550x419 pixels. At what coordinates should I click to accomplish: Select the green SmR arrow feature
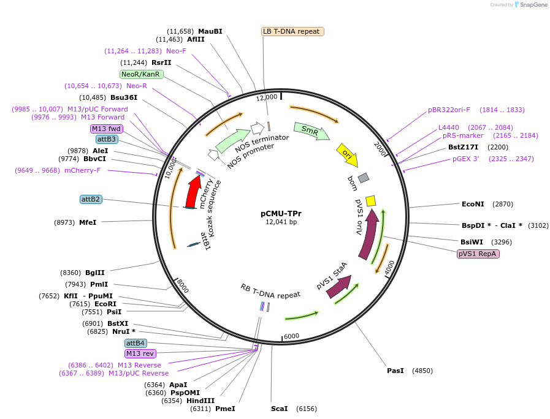click(311, 130)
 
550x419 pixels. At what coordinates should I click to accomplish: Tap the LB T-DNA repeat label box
click(292, 31)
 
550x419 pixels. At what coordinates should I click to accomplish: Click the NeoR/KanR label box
click(141, 74)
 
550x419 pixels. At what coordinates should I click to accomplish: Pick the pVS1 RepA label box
click(478, 254)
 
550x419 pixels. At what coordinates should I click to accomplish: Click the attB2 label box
click(91, 199)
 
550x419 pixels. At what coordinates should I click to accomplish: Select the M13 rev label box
click(140, 353)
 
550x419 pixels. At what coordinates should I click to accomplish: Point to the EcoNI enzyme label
click(473, 204)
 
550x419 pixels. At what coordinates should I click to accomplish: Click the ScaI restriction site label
click(279, 409)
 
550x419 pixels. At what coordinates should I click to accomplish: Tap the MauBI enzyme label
click(210, 31)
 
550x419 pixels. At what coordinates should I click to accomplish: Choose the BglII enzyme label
click(95, 273)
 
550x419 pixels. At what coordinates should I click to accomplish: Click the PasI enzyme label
click(395, 371)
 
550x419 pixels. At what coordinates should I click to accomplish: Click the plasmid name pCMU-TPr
click(281, 214)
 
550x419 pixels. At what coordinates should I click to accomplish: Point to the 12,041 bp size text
click(281, 222)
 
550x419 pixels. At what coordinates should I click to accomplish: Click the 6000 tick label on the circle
click(291, 336)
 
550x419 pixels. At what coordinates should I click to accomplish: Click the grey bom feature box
click(364, 178)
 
